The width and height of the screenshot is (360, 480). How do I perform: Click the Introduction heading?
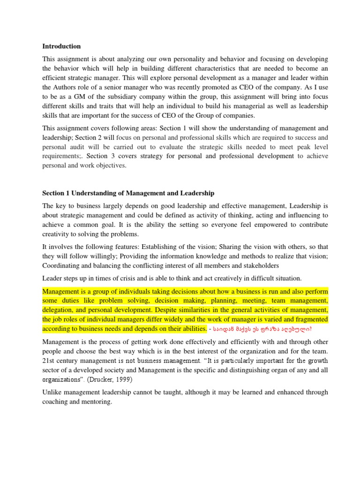[x=61, y=46]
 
